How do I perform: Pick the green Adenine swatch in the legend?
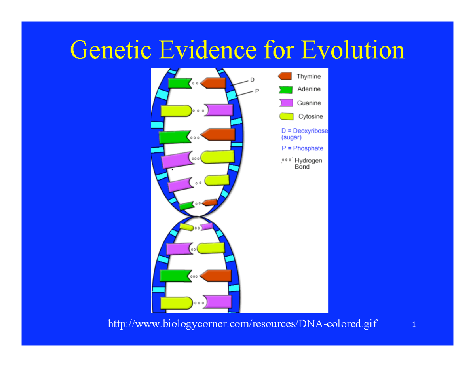[x=285, y=89]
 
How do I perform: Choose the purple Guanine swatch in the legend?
[x=286, y=103]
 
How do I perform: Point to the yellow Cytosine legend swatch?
[x=286, y=116]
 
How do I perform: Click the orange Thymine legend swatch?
[x=285, y=76]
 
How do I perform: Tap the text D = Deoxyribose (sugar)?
[x=304, y=134]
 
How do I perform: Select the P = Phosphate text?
[x=302, y=148]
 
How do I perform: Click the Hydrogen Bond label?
[x=308, y=164]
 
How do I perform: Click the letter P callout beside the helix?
[x=256, y=91]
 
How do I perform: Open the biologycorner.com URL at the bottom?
[x=242, y=325]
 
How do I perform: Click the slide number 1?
[x=414, y=325]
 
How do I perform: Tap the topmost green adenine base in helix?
[x=179, y=83]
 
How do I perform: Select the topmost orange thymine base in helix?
[x=213, y=83]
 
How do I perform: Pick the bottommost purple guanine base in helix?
[x=218, y=302]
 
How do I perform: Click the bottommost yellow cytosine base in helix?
[x=176, y=303]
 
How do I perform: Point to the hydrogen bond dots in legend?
[x=287, y=161]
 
